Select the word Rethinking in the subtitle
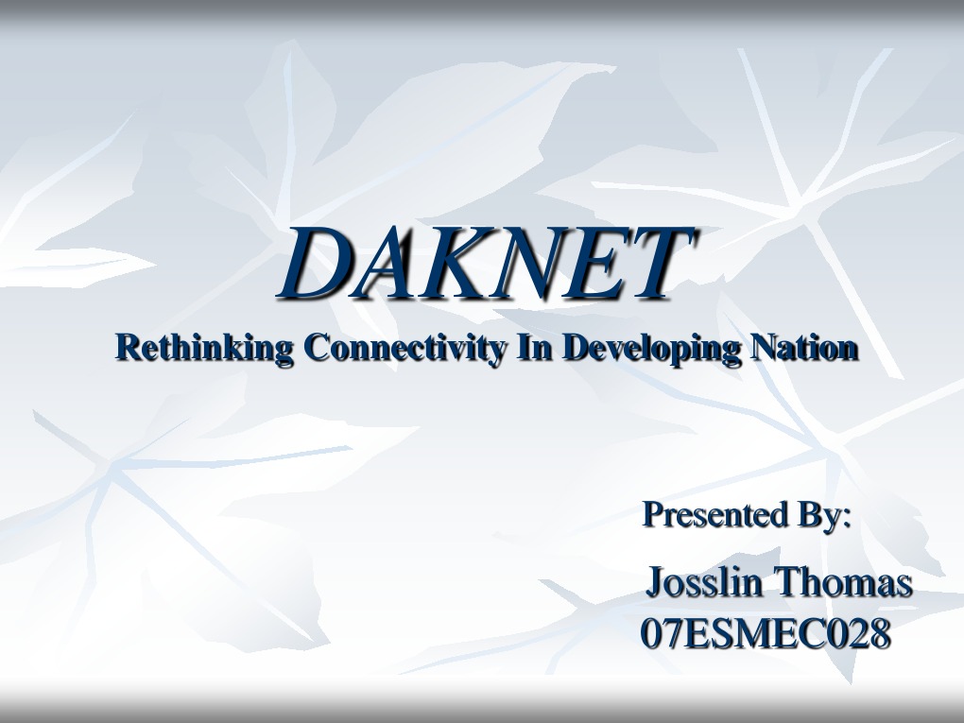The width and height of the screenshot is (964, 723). pyautogui.click(x=204, y=348)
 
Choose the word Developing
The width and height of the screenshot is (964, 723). pyautogui.click(x=651, y=348)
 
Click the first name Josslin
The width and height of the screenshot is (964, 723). pyautogui.click(x=704, y=582)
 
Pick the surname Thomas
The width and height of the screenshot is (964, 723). pyautogui.click(x=844, y=582)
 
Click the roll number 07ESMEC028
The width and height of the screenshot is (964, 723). pyautogui.click(x=766, y=634)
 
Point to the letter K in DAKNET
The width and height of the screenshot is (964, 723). pyautogui.click(x=454, y=264)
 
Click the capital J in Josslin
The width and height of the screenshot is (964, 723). pyautogui.click(x=655, y=584)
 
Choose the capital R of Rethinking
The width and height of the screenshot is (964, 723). pyautogui.click(x=127, y=347)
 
